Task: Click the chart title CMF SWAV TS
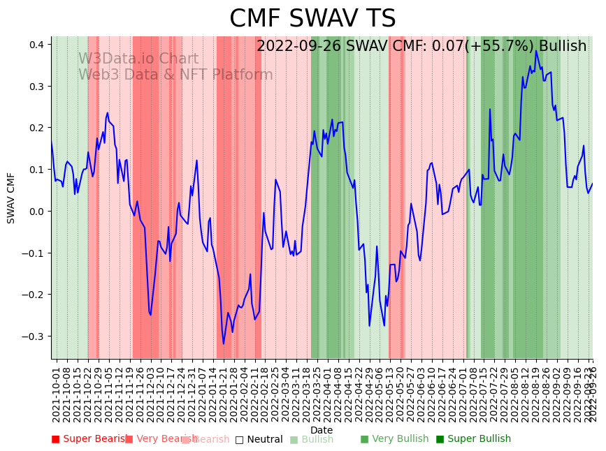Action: (x=312, y=19)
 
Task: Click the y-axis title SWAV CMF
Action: (x=11, y=198)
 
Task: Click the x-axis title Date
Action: (x=322, y=430)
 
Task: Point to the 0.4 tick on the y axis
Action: (x=36, y=45)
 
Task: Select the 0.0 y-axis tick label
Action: (x=36, y=212)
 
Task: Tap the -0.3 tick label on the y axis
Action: (x=34, y=337)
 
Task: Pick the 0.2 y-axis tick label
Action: (x=36, y=128)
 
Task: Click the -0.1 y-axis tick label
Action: (x=34, y=253)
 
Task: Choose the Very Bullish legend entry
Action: (x=394, y=439)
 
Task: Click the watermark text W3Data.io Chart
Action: (x=138, y=59)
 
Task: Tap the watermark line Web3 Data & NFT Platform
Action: (x=175, y=75)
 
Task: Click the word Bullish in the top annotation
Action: (x=562, y=46)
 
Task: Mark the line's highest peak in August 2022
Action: (x=536, y=50)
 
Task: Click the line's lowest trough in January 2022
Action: (x=224, y=343)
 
